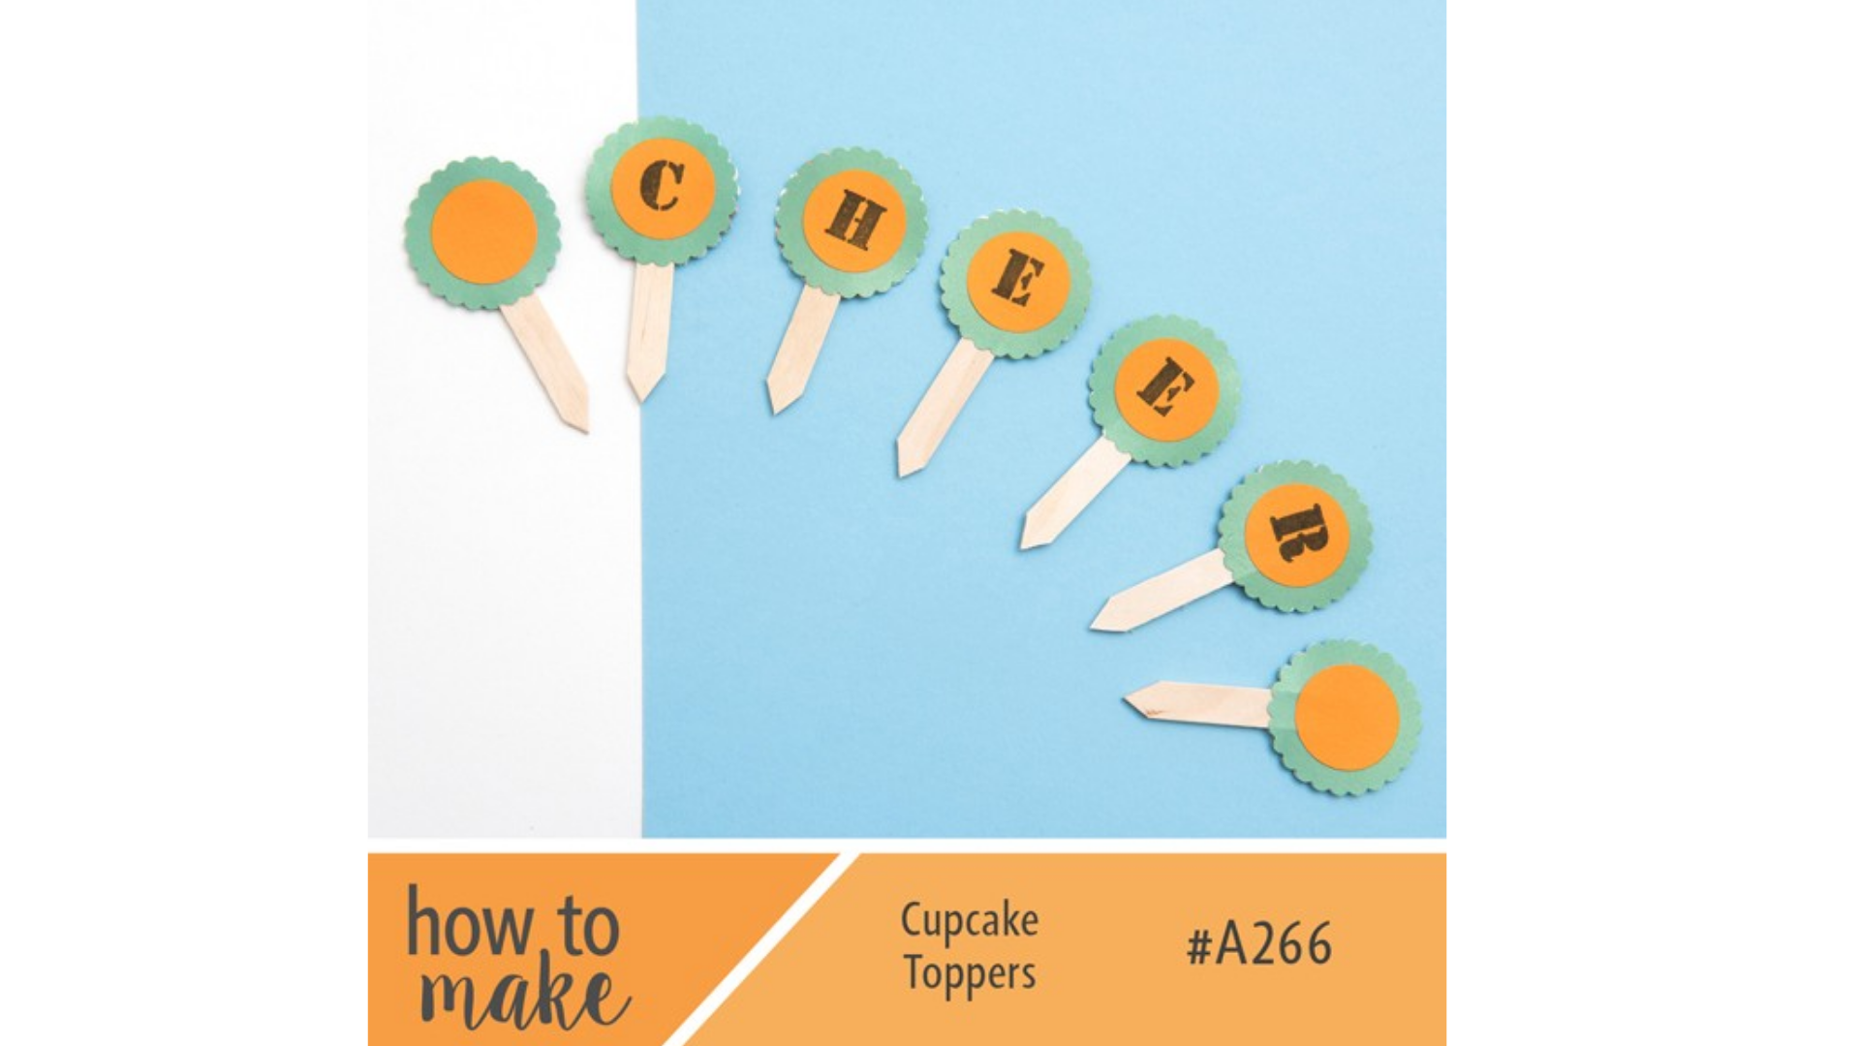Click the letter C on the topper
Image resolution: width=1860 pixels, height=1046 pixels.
click(663, 186)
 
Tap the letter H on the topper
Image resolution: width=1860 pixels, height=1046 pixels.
click(853, 221)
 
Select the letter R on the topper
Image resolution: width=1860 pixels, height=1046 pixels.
click(1298, 533)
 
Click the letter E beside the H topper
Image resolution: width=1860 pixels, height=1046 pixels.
click(1017, 279)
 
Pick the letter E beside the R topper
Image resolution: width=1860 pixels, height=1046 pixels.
click(1165, 386)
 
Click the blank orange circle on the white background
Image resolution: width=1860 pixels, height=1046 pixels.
click(483, 232)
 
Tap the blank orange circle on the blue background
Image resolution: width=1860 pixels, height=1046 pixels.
click(1347, 718)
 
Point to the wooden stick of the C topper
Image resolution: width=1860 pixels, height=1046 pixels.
click(647, 329)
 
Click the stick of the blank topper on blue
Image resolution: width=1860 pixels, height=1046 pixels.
click(1201, 702)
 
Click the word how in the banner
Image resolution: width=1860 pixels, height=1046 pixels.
click(470, 925)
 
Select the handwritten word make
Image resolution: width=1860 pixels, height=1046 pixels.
click(523, 993)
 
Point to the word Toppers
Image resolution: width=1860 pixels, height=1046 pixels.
click(969, 973)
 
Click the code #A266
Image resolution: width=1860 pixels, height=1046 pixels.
click(1259, 944)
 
